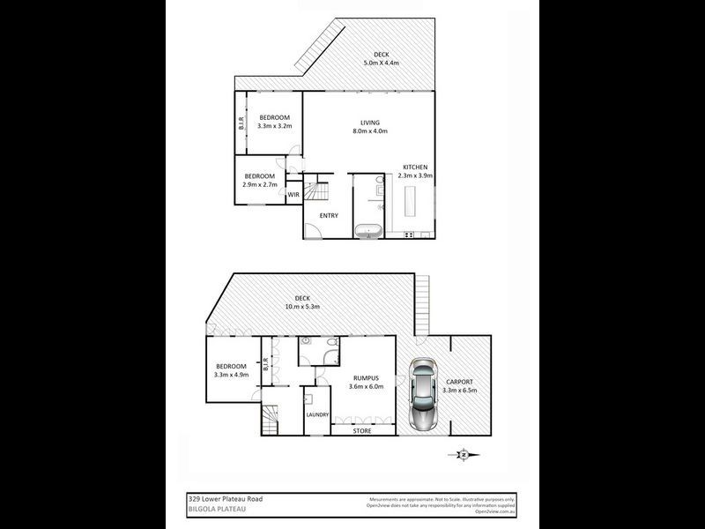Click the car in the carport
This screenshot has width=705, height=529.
pyautogui.click(x=426, y=395)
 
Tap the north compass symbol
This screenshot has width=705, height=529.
pyautogui.click(x=464, y=455)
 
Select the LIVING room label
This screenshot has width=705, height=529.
pyautogui.click(x=368, y=123)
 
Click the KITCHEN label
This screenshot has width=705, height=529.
pyautogui.click(x=416, y=167)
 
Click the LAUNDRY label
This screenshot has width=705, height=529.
pyautogui.click(x=317, y=414)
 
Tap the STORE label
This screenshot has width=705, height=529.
pyautogui.click(x=362, y=431)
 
